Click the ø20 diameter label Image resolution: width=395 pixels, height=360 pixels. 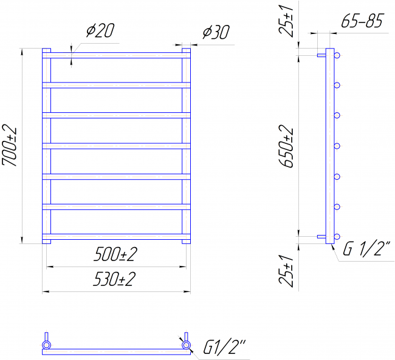click(100, 30)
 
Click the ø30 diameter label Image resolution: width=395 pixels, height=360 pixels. click(216, 32)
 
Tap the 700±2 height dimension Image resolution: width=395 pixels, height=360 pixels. click(10, 146)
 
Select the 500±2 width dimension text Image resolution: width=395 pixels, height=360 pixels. click(115, 254)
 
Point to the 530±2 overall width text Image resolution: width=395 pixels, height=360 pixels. click(115, 279)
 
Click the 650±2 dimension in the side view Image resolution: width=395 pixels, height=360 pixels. click(286, 146)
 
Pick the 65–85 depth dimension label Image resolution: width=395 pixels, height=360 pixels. click(362, 21)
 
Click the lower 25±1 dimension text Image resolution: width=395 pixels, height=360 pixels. click(286, 271)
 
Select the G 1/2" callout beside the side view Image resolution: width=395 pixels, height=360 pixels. click(366, 248)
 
